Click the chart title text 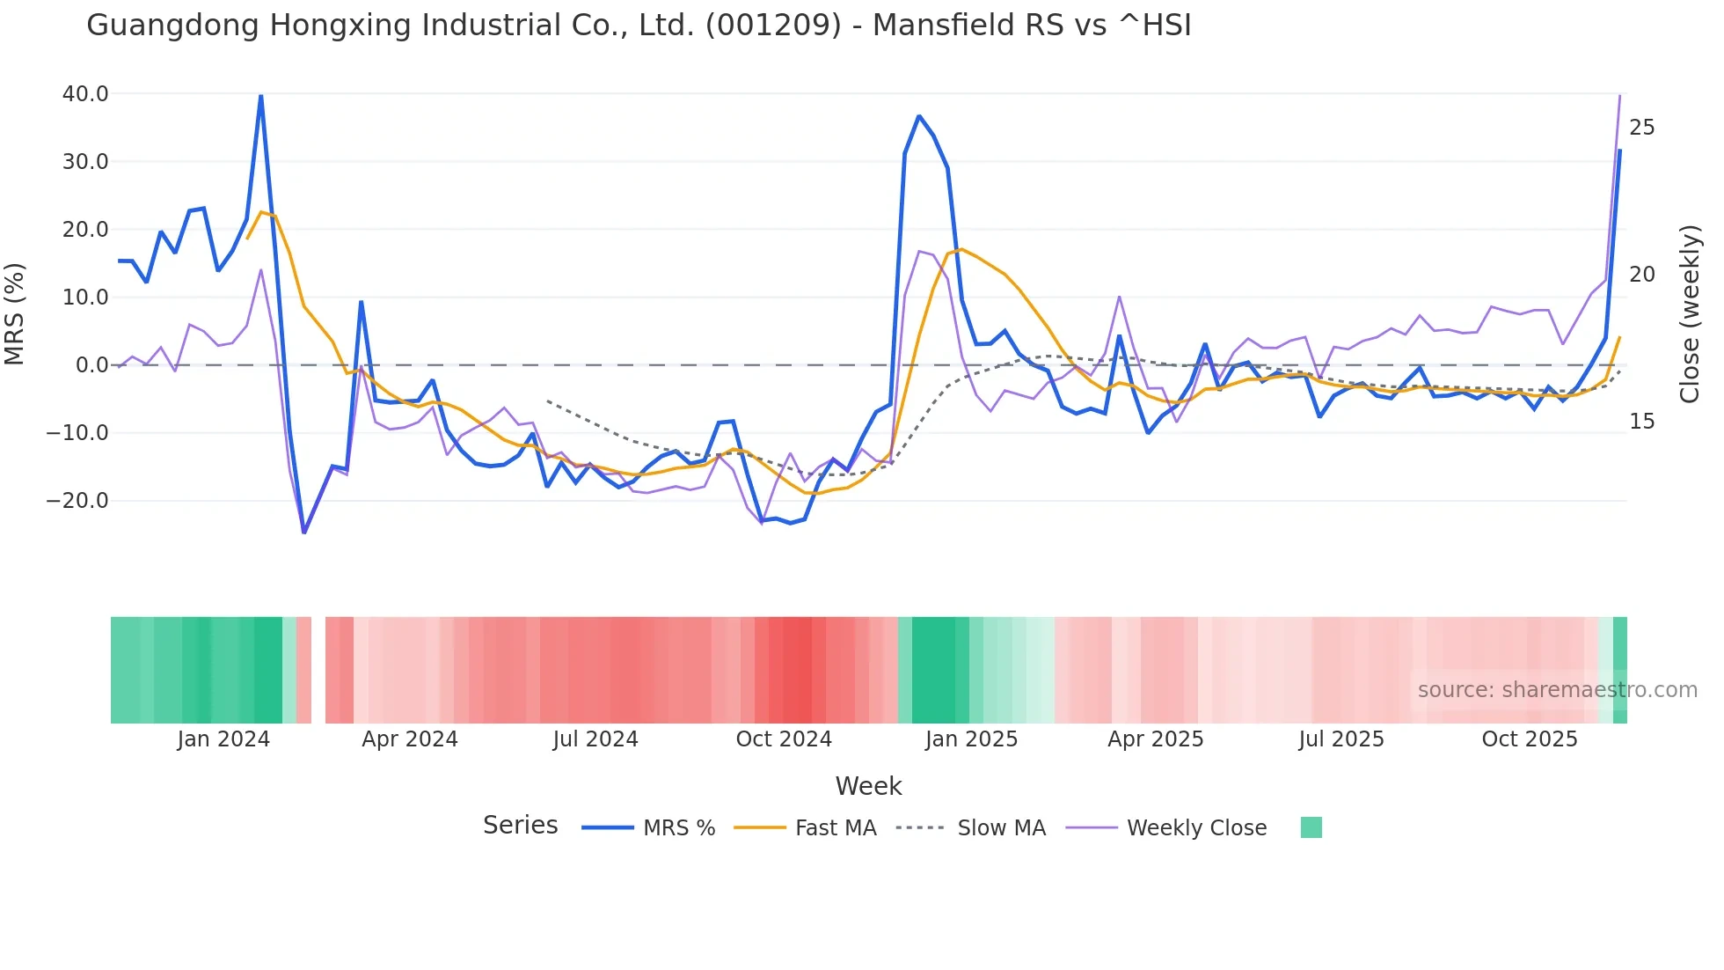pos(639,26)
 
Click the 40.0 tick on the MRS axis pos(85,94)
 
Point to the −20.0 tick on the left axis pos(77,501)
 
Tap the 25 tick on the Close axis pos(1641,129)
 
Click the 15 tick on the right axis pos(1641,422)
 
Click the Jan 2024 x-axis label pos(223,739)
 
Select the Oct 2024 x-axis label pos(784,739)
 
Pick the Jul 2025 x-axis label pos(1341,739)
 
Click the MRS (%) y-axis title pos(15,314)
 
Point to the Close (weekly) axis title pos(1690,314)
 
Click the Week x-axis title pos(868,786)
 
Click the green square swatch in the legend pos(1311,827)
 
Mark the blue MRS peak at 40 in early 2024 pos(260,95)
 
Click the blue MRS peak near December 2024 pos(919,116)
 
